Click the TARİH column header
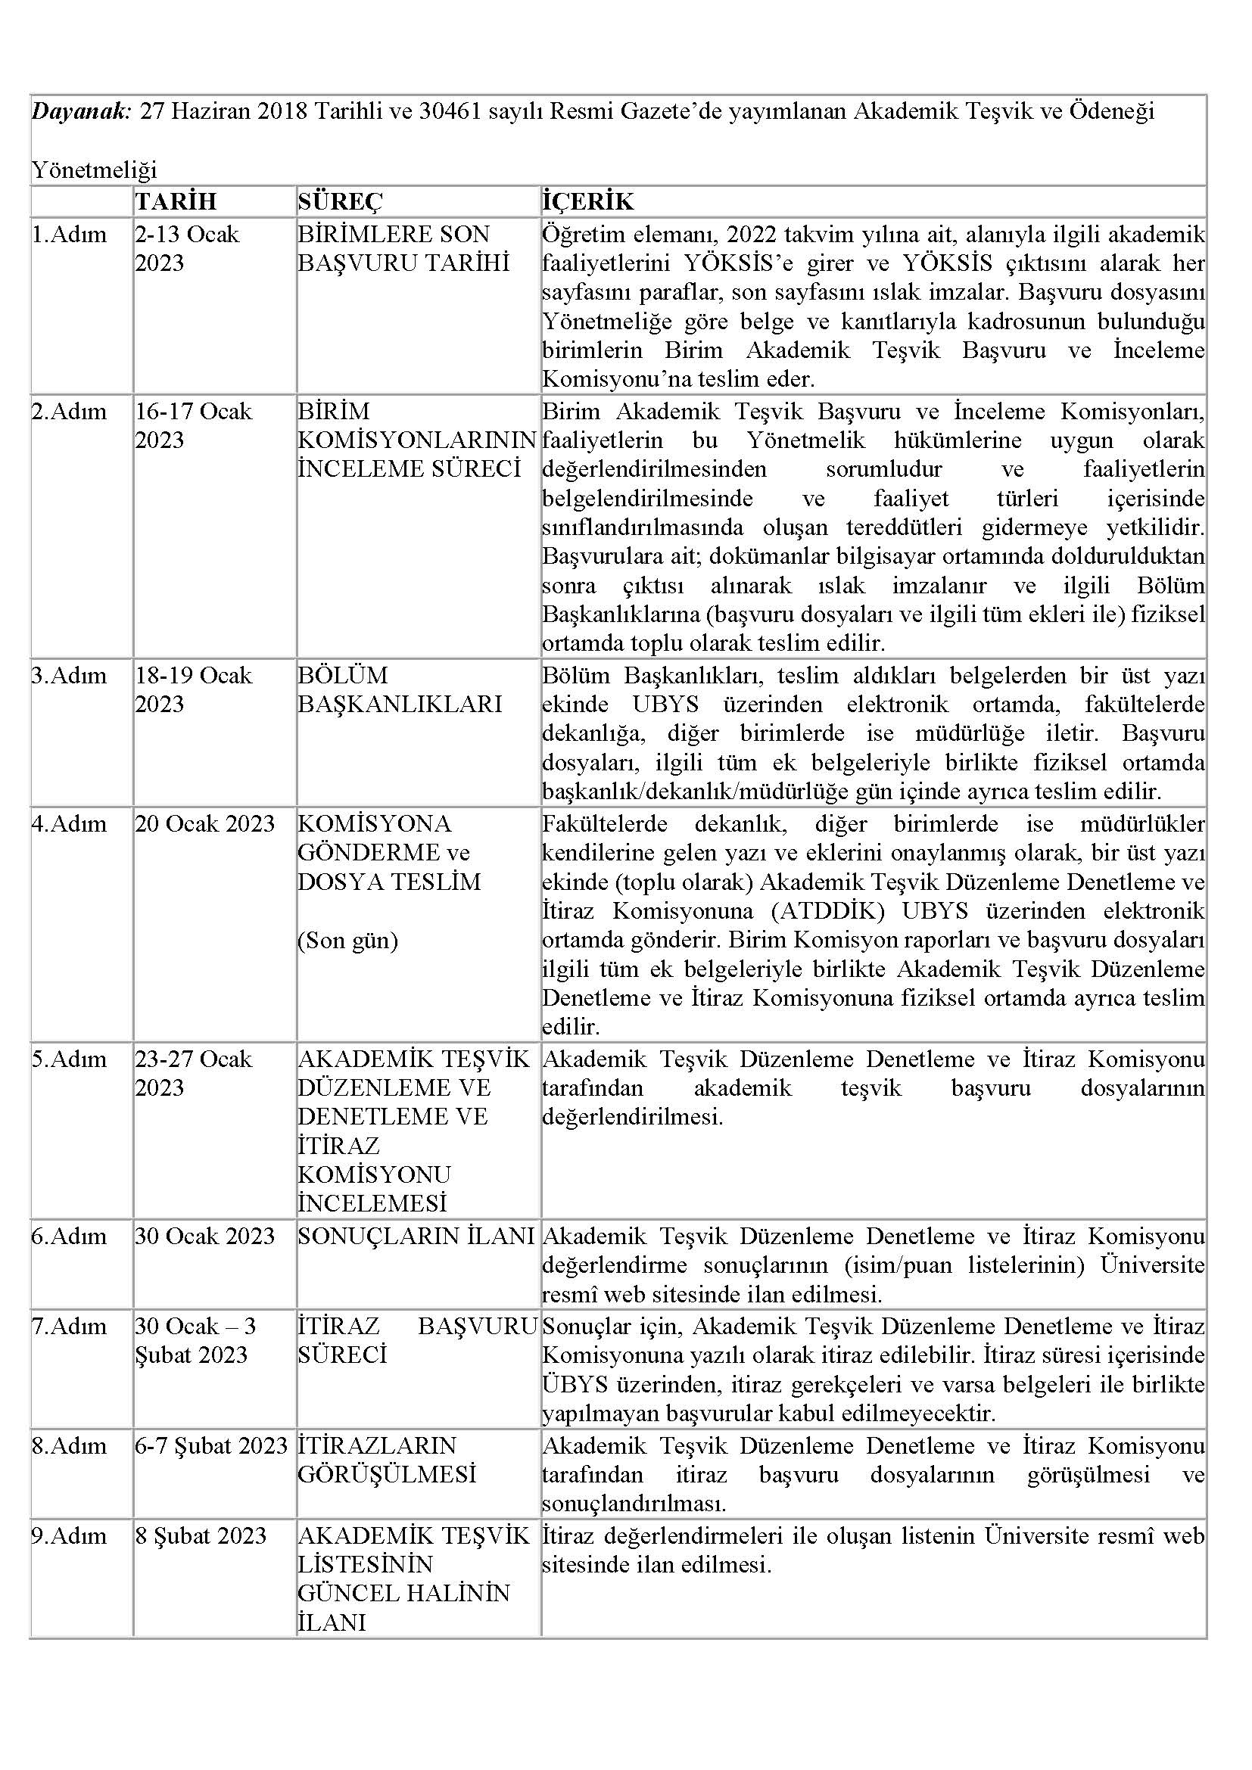pyautogui.click(x=176, y=201)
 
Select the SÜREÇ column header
pyautogui.click(x=340, y=201)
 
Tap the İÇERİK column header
pyautogui.click(x=587, y=201)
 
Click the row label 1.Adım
pyautogui.click(x=70, y=235)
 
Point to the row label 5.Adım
pyautogui.click(x=70, y=1059)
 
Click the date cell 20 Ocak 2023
pyautogui.click(x=205, y=824)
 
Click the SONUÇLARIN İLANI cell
pyautogui.click(x=416, y=1237)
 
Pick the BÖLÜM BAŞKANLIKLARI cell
pyautogui.click(x=400, y=690)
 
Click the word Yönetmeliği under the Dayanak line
pyautogui.click(x=93, y=170)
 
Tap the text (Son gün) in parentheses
pyautogui.click(x=347, y=941)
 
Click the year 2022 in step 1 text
pyautogui.click(x=755, y=235)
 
